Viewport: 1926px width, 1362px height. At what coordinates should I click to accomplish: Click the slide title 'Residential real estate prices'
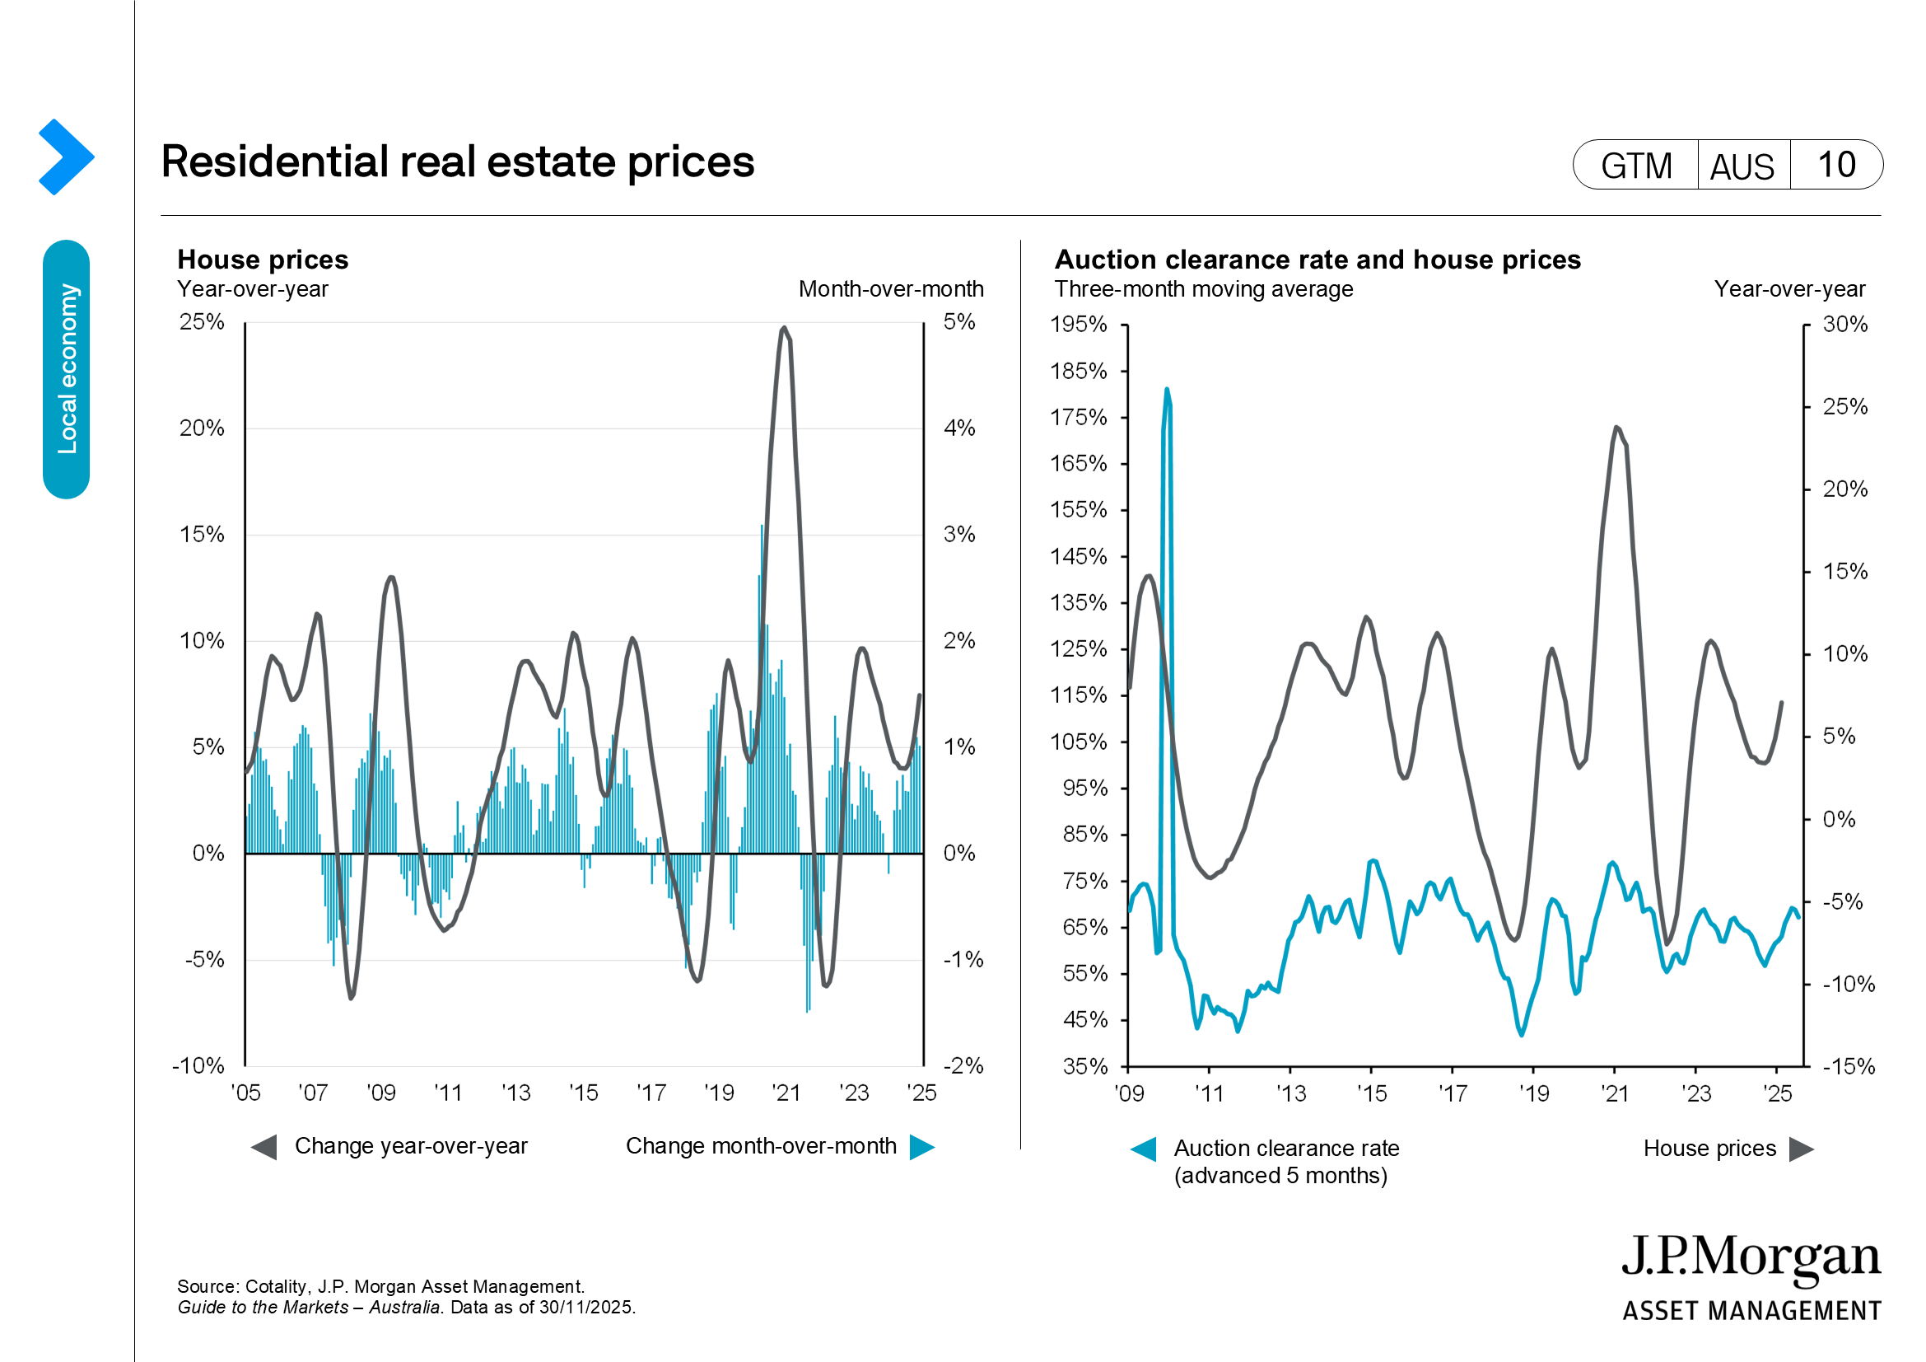point(457,161)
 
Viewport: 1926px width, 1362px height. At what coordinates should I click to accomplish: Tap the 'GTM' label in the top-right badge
point(1636,166)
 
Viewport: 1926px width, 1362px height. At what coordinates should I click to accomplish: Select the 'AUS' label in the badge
point(1742,166)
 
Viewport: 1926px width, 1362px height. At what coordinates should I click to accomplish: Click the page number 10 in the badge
point(1835,165)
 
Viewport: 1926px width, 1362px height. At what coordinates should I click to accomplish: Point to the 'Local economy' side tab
point(66,369)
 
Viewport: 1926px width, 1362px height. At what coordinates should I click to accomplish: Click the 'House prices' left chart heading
point(263,260)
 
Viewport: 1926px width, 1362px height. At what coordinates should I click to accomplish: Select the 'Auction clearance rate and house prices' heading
point(1317,260)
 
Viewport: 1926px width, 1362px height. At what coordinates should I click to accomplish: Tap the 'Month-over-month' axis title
point(891,288)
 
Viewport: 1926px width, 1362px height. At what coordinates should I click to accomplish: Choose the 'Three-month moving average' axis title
point(1203,288)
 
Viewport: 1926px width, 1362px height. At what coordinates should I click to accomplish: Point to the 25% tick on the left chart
point(201,321)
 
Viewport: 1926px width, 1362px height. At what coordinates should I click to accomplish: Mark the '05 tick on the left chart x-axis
point(245,1093)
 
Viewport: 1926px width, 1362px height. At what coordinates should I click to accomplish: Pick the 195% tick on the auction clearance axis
point(1078,324)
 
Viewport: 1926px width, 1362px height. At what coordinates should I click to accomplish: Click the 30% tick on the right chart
point(1844,324)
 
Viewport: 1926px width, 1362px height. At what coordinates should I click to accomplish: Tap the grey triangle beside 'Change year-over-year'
point(264,1147)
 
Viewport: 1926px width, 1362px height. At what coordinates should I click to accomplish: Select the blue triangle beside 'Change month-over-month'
point(922,1147)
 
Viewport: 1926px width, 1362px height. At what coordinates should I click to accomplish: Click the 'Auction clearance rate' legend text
point(1286,1148)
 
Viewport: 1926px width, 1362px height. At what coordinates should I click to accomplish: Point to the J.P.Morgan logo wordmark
point(1751,1259)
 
